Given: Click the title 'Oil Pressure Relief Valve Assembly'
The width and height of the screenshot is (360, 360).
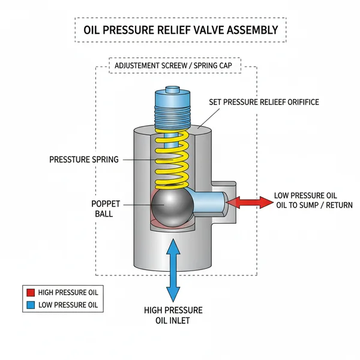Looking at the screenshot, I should [x=180, y=29].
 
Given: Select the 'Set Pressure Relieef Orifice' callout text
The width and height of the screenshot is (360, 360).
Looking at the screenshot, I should [x=263, y=103].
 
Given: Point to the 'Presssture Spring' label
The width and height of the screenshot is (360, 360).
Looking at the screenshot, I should [x=84, y=160].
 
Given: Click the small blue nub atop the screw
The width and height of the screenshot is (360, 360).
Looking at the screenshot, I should [x=172, y=91].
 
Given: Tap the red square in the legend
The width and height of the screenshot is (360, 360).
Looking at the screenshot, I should [x=30, y=293].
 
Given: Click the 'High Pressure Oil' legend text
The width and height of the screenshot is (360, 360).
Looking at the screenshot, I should [x=68, y=293].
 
